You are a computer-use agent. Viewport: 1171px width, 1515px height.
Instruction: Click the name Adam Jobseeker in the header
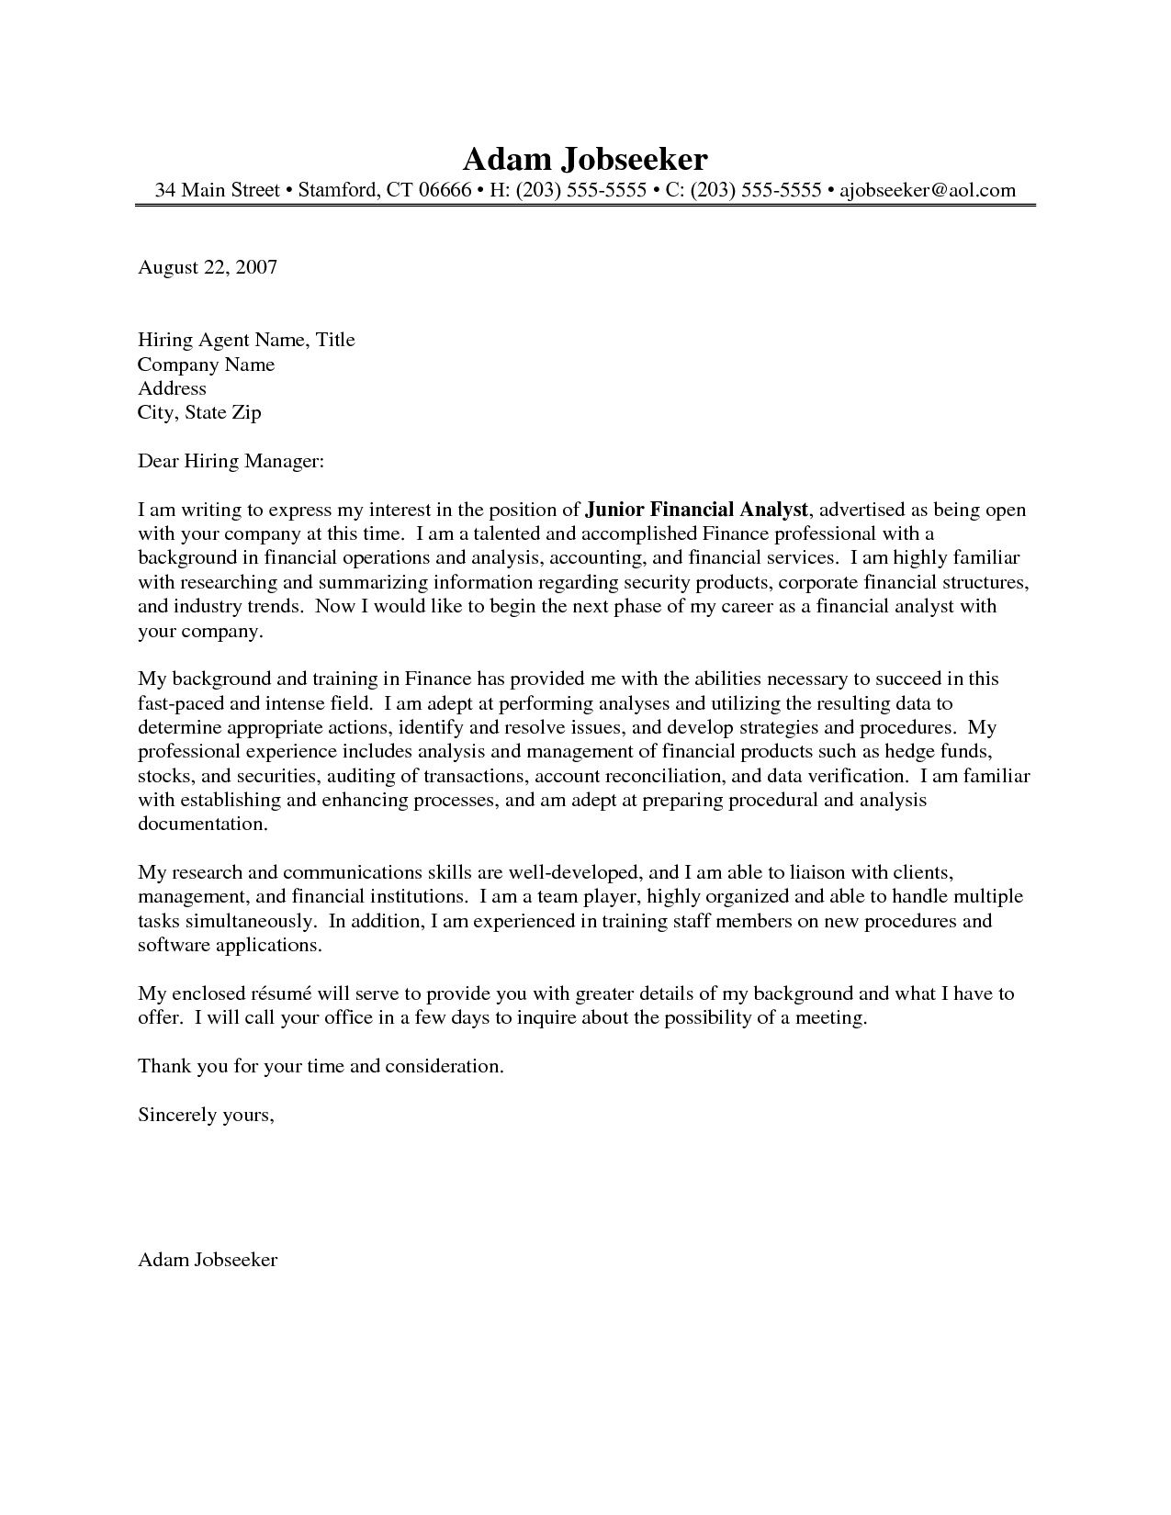[585, 159]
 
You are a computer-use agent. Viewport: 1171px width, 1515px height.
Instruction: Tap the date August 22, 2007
[207, 267]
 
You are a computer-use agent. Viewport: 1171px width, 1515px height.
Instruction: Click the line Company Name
[206, 365]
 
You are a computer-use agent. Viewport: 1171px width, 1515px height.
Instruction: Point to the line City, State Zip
[199, 412]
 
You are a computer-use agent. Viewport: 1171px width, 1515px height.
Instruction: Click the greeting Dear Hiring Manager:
[231, 461]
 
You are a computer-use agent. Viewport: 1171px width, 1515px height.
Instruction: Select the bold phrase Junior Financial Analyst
[697, 510]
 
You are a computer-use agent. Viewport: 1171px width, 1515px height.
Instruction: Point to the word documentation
[202, 824]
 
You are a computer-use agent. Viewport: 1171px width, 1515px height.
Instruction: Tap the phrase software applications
[229, 944]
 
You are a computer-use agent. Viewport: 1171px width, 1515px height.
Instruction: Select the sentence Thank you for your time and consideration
[321, 1066]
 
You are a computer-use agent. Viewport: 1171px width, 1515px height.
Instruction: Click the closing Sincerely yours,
[206, 1115]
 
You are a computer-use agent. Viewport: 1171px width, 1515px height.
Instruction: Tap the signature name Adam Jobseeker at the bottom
[208, 1260]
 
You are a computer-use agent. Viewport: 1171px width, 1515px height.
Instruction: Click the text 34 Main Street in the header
[217, 190]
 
